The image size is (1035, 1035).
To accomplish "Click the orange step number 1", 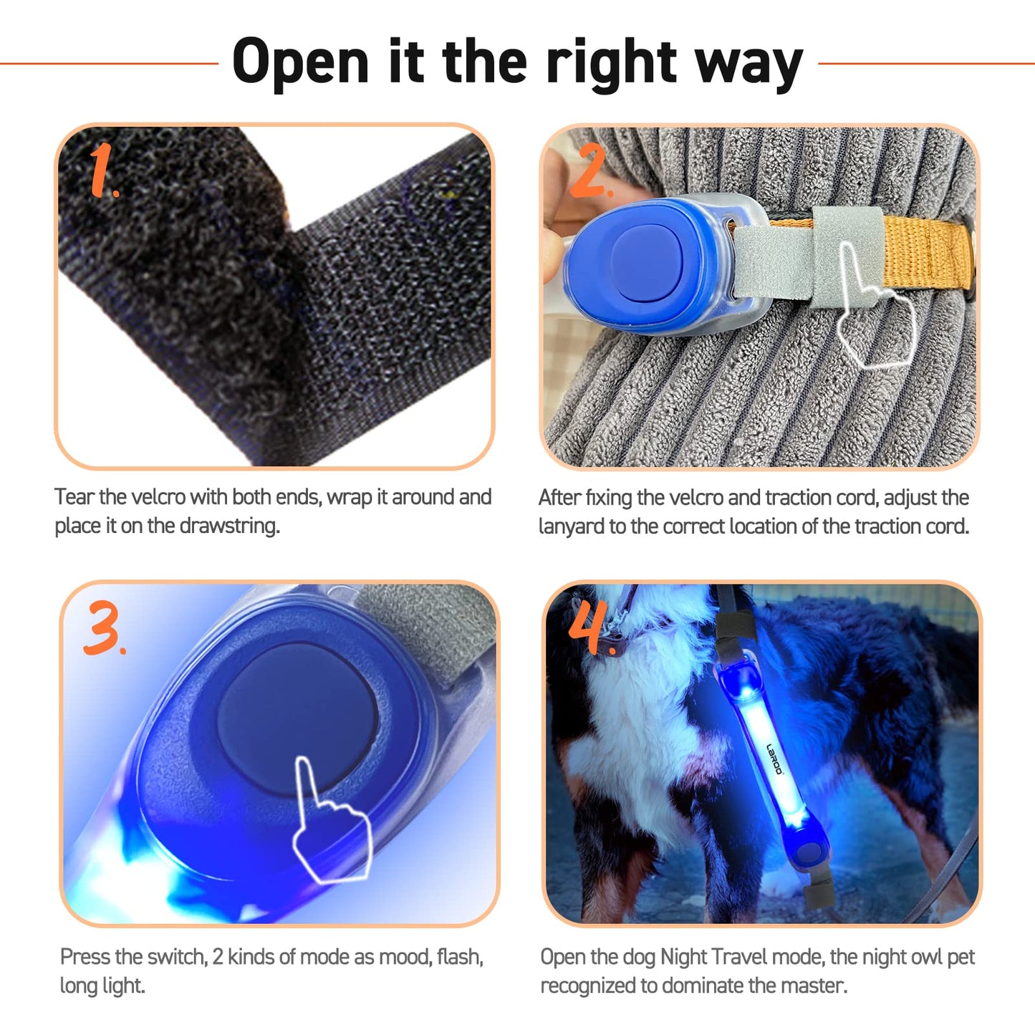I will point(102,169).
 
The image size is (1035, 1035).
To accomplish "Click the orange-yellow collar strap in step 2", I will point(927,251).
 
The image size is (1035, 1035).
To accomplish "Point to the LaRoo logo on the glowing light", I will point(774,759).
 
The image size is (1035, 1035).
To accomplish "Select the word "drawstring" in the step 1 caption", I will point(228,526).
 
